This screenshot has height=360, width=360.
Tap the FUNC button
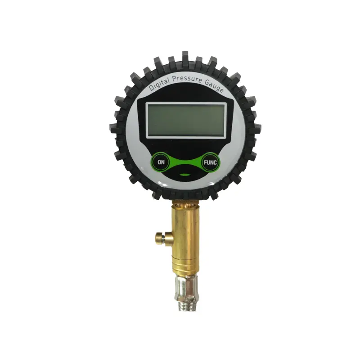211,162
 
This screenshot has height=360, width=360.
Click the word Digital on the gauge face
159,84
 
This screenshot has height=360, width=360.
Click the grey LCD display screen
186,120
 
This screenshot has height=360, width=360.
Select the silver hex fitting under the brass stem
185,285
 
